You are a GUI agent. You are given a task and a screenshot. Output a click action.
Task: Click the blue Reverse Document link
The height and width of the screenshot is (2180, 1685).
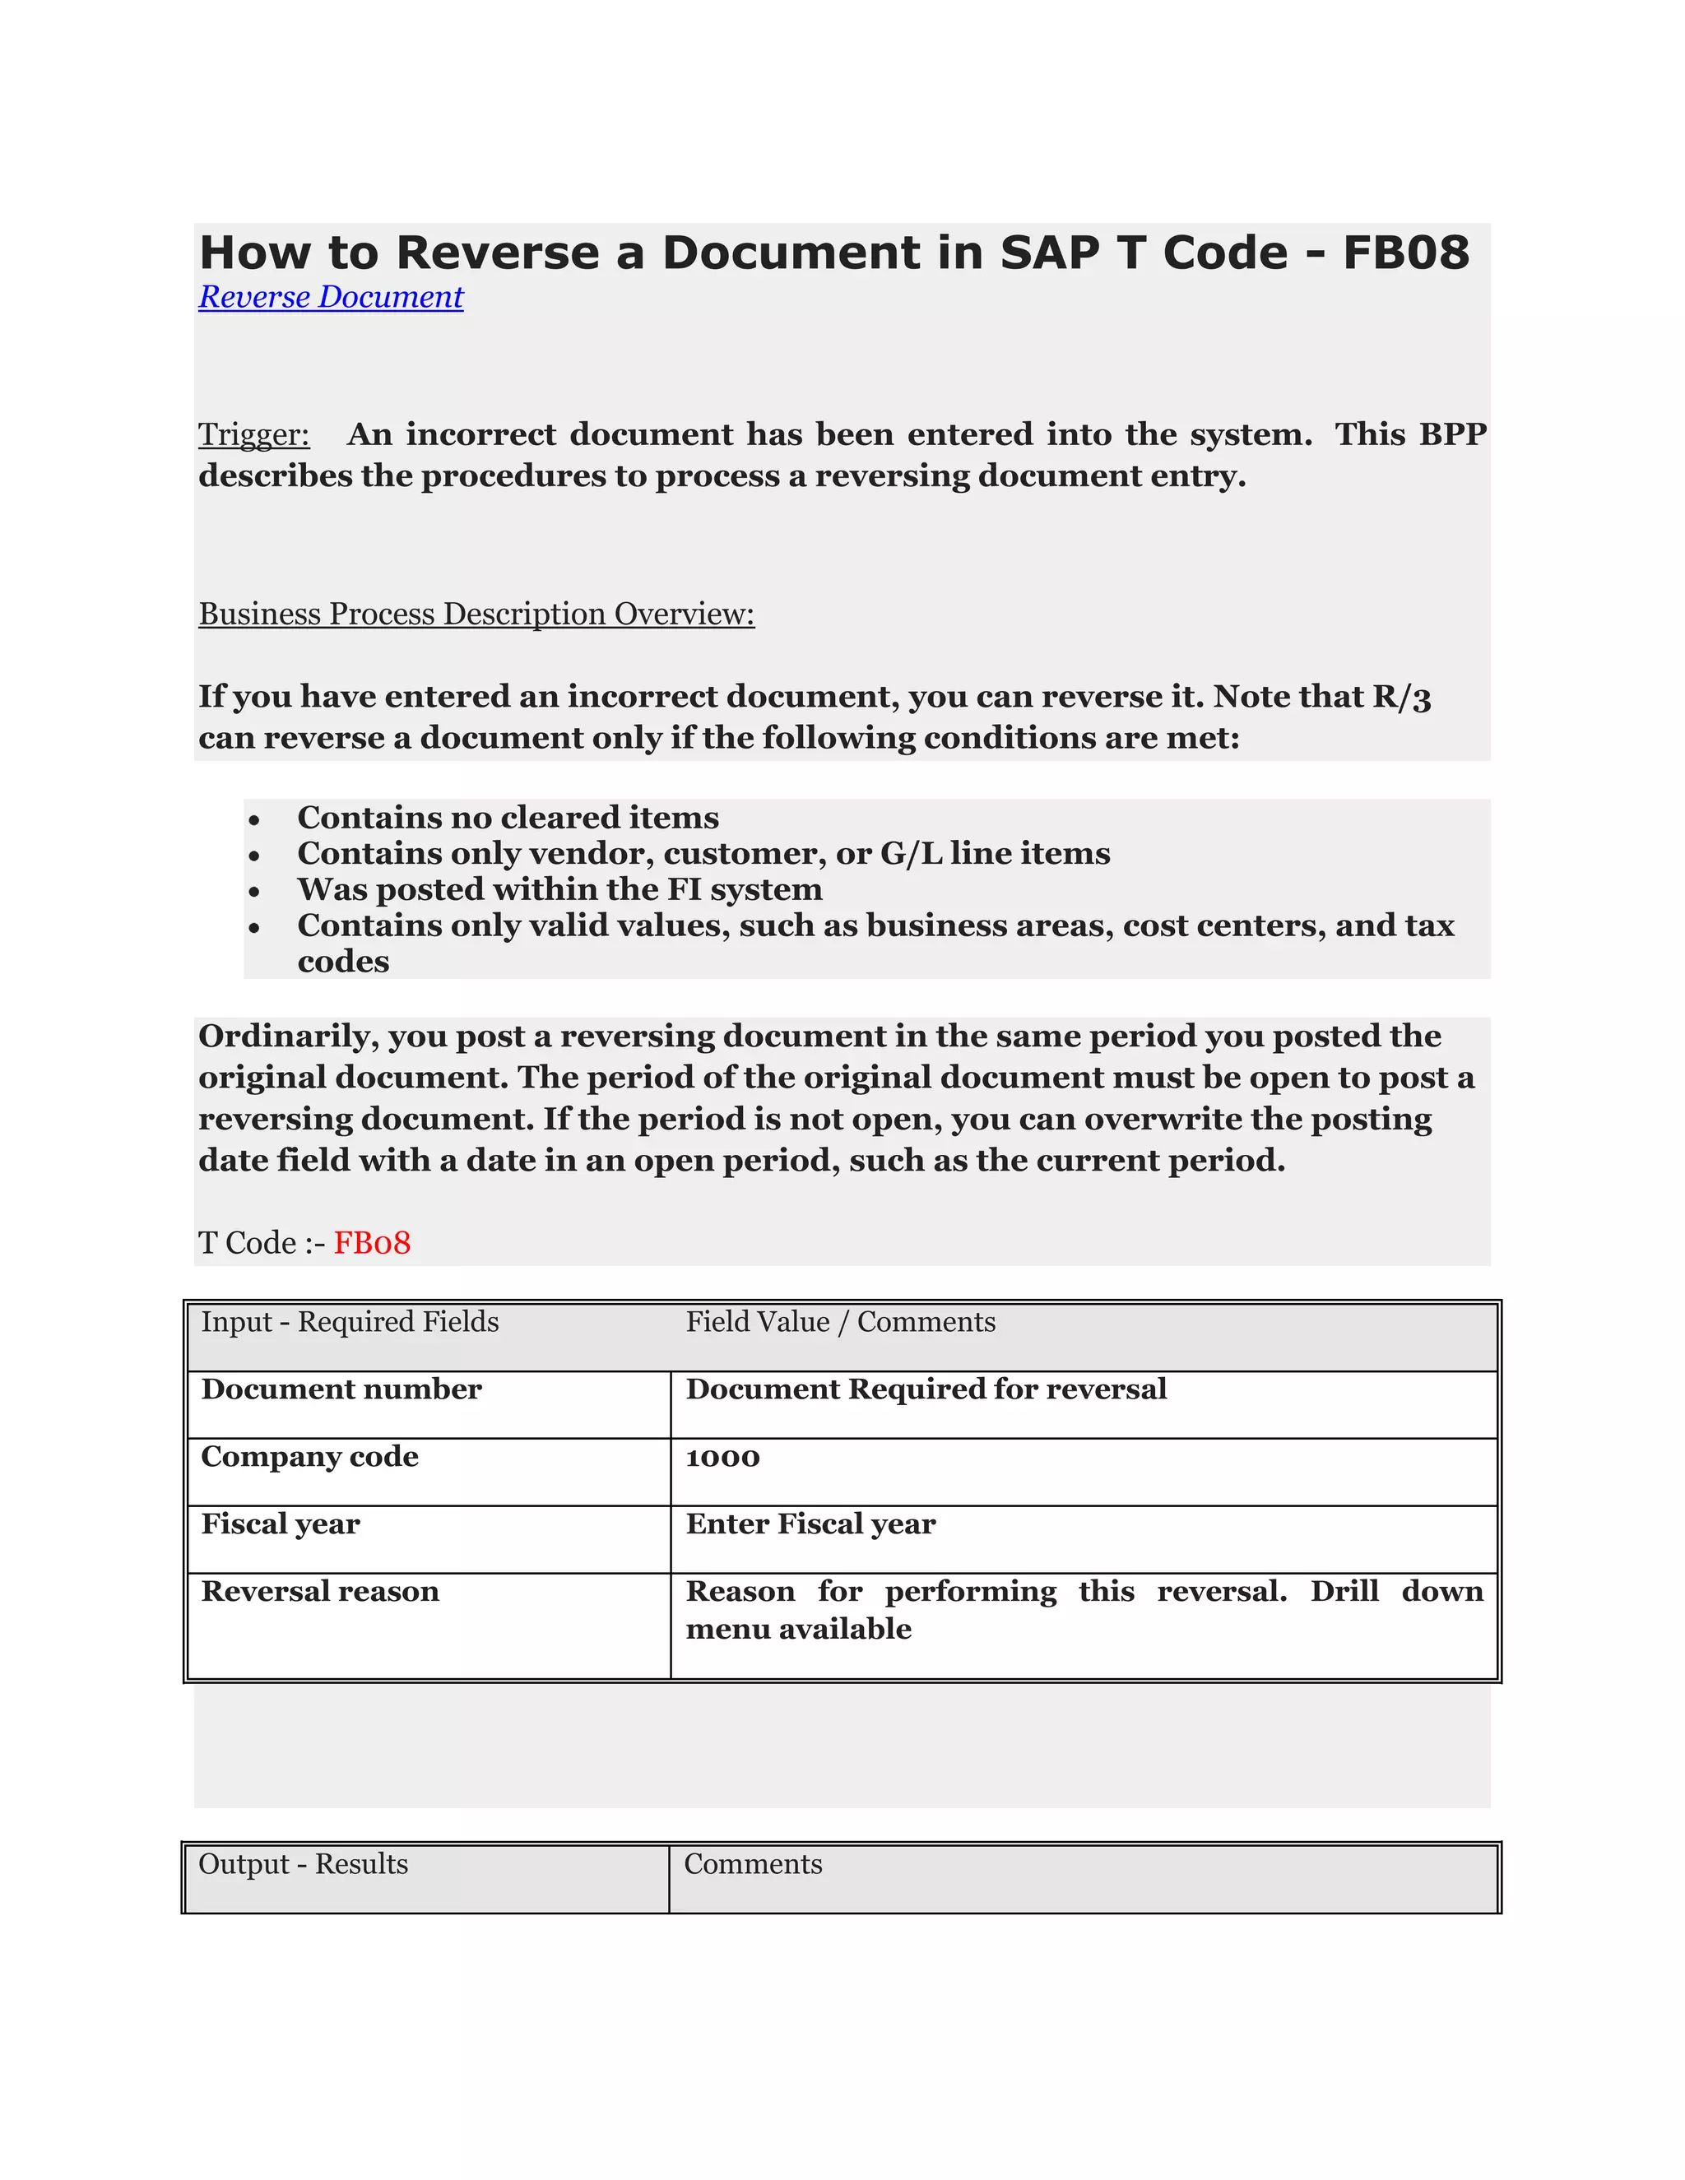click(331, 298)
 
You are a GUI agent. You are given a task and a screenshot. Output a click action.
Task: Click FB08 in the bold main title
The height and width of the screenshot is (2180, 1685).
click(1404, 253)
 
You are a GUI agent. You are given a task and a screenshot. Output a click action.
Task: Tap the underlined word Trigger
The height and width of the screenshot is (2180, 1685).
click(253, 435)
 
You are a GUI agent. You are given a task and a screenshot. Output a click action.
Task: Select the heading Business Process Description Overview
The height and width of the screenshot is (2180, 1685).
click(476, 614)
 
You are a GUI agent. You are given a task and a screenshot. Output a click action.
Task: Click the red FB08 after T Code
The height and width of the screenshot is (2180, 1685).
click(371, 1243)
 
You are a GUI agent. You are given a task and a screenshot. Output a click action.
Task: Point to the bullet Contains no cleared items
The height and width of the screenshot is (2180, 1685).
click(507, 818)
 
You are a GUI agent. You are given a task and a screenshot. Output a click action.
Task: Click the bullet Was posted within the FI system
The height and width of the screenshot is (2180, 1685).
click(559, 889)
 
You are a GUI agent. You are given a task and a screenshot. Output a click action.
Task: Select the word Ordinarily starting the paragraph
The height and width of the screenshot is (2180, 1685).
click(287, 1036)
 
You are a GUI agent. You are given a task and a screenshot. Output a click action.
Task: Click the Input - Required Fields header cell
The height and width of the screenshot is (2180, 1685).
click(350, 1322)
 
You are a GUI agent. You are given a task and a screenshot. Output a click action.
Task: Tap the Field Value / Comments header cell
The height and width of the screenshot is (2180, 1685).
click(841, 1322)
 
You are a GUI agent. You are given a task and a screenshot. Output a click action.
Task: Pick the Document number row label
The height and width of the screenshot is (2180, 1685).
click(341, 1389)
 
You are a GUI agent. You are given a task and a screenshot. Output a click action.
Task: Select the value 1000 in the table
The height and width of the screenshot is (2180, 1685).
click(722, 1458)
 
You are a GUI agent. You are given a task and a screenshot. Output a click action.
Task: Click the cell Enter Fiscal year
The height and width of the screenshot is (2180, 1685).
click(810, 1524)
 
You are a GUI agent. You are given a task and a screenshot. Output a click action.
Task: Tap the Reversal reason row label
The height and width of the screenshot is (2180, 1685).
click(319, 1591)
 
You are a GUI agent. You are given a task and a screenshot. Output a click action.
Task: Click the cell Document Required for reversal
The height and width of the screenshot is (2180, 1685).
click(926, 1389)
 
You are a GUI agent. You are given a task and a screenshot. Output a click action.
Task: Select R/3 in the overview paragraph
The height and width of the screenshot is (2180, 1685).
click(1400, 697)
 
